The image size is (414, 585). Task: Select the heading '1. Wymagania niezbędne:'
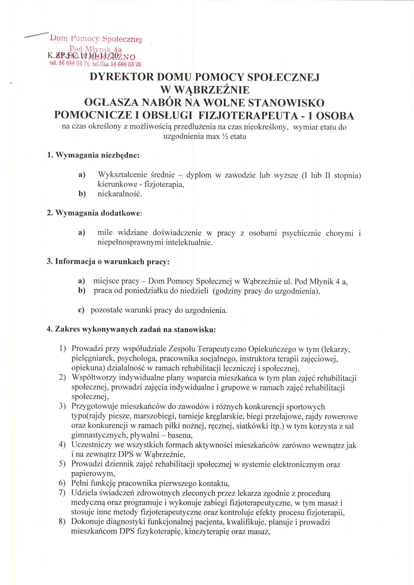tap(93, 155)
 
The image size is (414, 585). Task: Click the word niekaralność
tap(119, 194)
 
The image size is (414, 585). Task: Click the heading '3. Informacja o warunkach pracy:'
tap(108, 262)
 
